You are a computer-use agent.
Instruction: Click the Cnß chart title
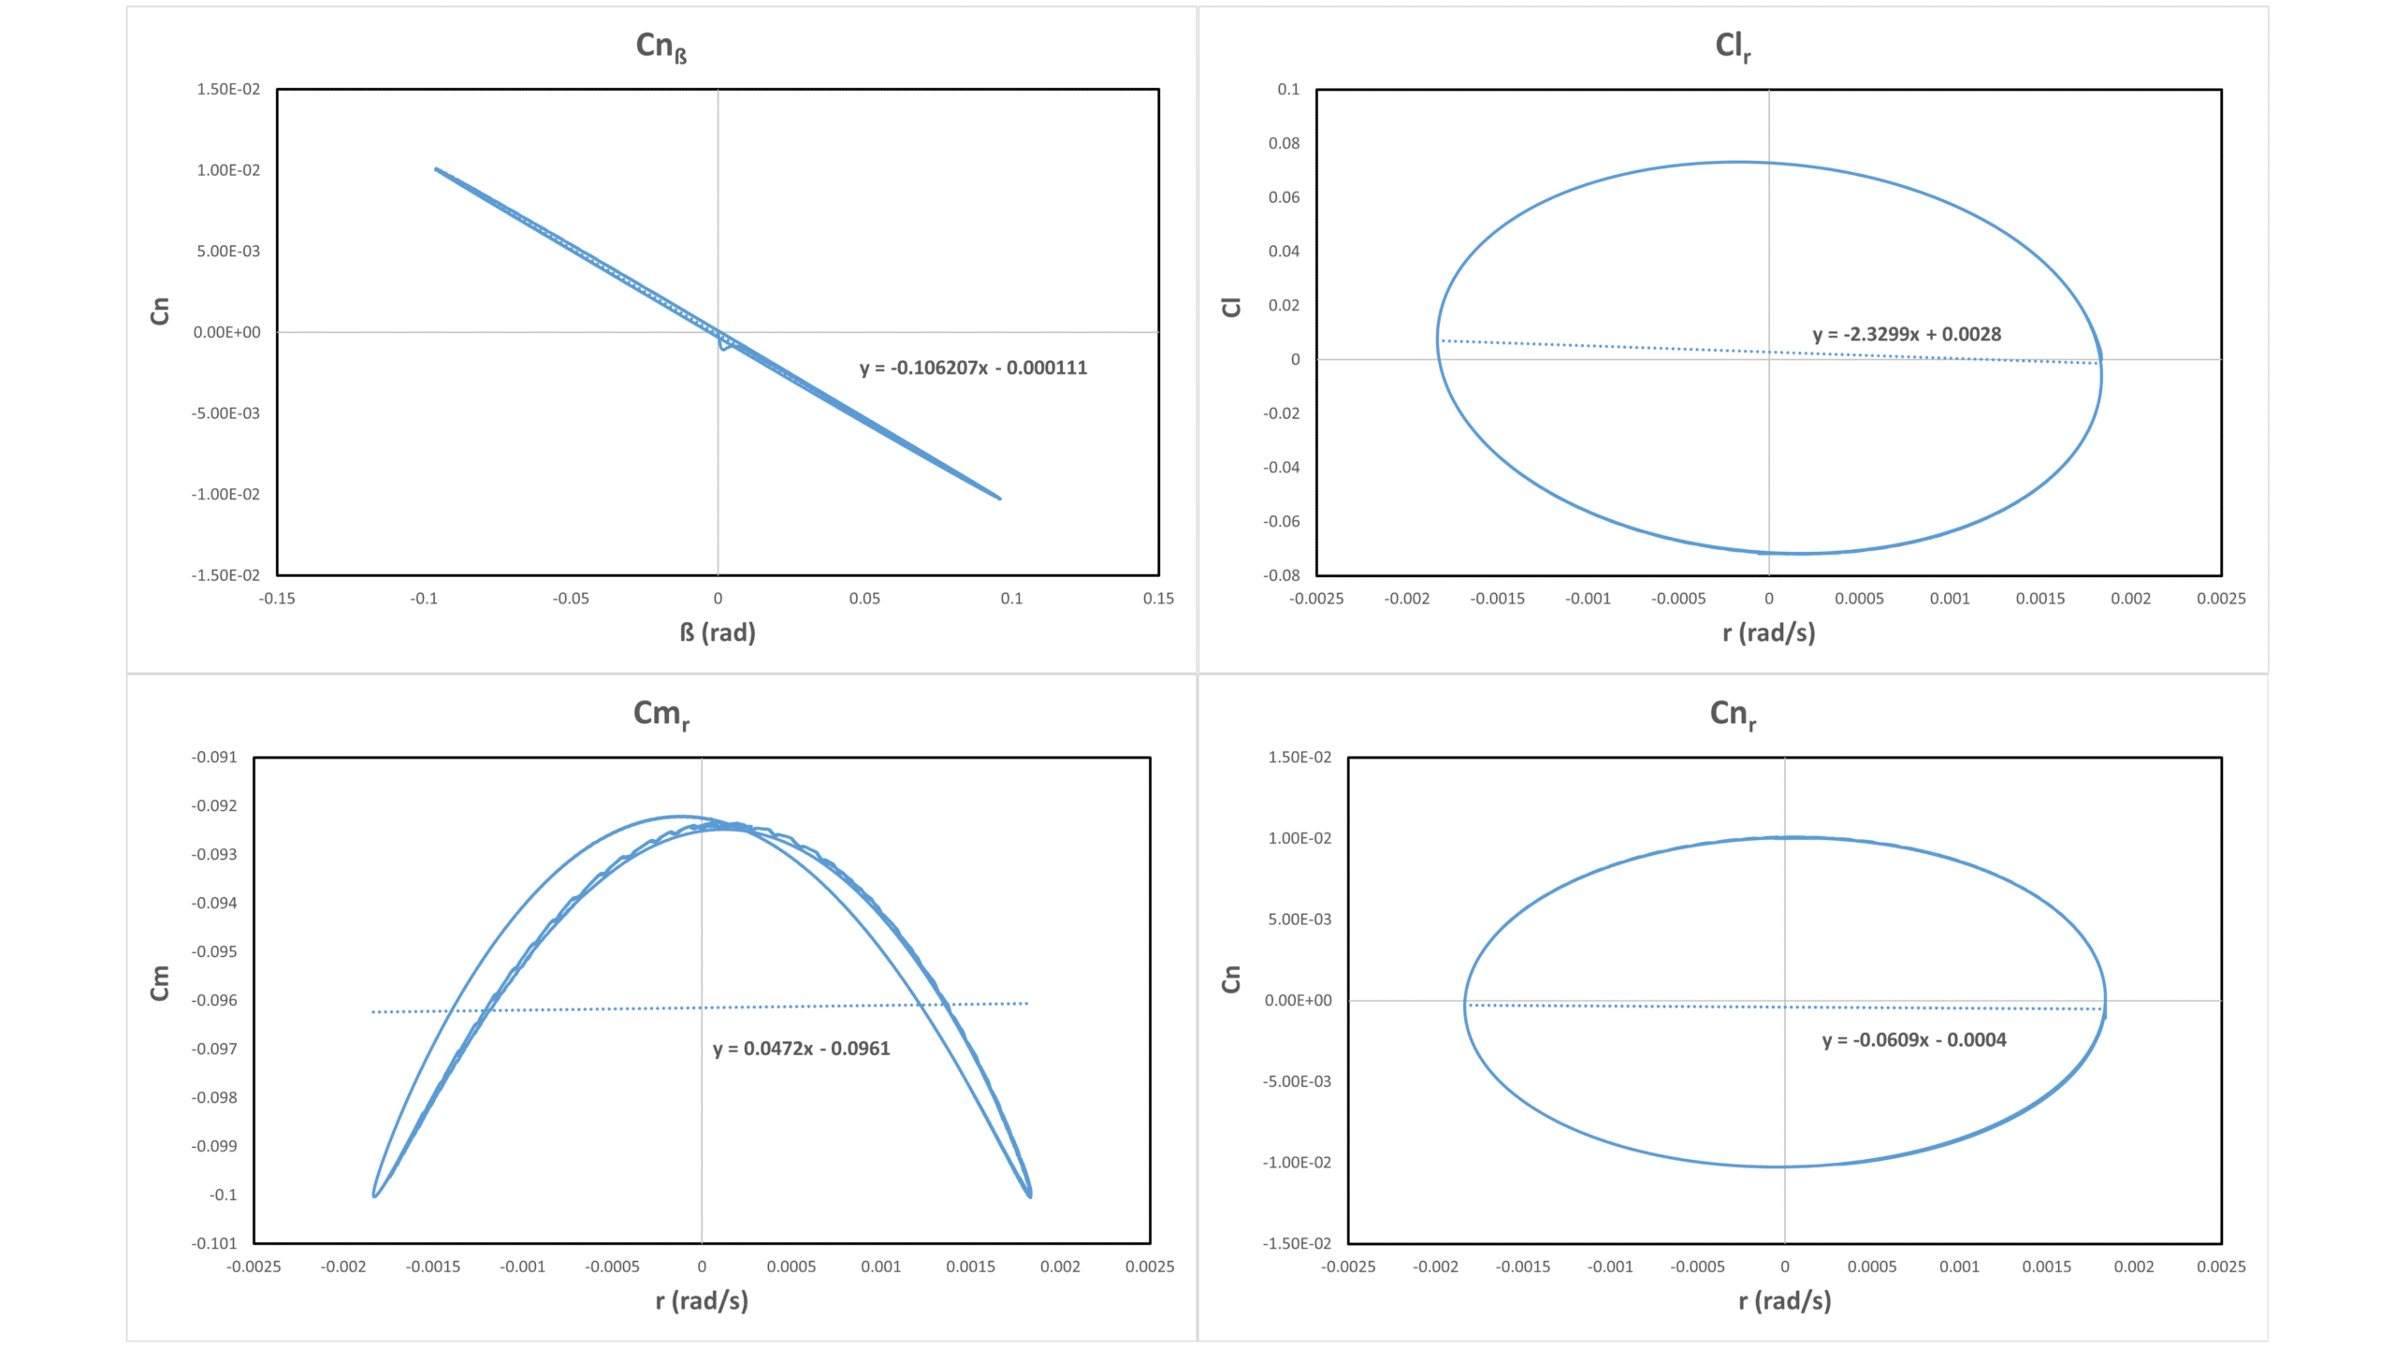(661, 46)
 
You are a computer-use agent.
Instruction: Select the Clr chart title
(1732, 46)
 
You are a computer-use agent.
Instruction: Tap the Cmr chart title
(661, 714)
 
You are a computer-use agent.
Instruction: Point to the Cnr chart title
(1732, 714)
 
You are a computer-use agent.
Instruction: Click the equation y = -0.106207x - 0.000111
(973, 368)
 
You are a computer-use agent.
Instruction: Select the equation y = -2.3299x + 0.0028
(1907, 334)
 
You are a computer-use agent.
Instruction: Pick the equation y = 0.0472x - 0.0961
(801, 1049)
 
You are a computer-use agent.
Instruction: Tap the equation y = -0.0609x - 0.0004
(1914, 1040)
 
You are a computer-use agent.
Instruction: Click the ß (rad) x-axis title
(718, 633)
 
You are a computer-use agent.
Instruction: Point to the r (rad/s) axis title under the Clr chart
(1768, 633)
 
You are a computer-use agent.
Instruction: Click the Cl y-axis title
(1231, 307)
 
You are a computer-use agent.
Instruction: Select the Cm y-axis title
(160, 983)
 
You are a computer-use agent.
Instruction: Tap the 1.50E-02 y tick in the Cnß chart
(228, 90)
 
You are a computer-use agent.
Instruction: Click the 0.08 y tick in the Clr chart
(1284, 143)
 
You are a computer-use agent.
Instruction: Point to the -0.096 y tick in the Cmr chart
(214, 1001)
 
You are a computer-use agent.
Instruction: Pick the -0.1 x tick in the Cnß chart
(424, 599)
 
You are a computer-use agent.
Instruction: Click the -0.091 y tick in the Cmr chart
(214, 758)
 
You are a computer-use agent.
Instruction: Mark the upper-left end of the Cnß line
(436, 169)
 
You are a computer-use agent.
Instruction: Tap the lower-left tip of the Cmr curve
(374, 1195)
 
